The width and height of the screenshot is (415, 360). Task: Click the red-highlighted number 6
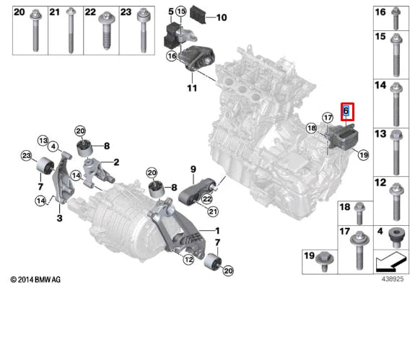pyautogui.click(x=346, y=111)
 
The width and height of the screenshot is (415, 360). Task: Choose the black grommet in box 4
pyautogui.click(x=395, y=239)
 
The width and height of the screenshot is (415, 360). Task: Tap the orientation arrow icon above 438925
pyautogui.click(x=392, y=258)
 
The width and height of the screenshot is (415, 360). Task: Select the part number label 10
pyautogui.click(x=221, y=17)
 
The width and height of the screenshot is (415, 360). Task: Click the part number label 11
pyautogui.click(x=191, y=89)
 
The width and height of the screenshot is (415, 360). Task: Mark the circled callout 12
pyautogui.click(x=188, y=259)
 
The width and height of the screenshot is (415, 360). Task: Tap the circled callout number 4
pyautogui.click(x=53, y=147)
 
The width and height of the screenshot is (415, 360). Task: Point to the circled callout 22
pyautogui.click(x=206, y=198)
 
